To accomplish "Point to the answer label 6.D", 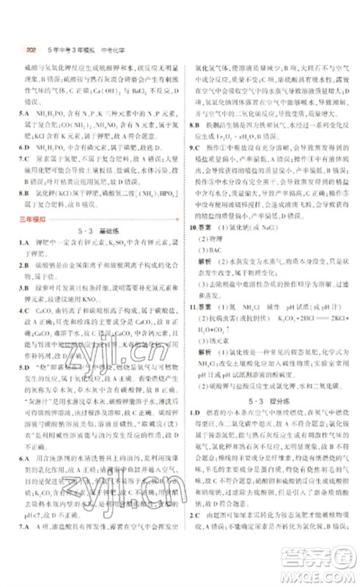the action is (26, 147).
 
